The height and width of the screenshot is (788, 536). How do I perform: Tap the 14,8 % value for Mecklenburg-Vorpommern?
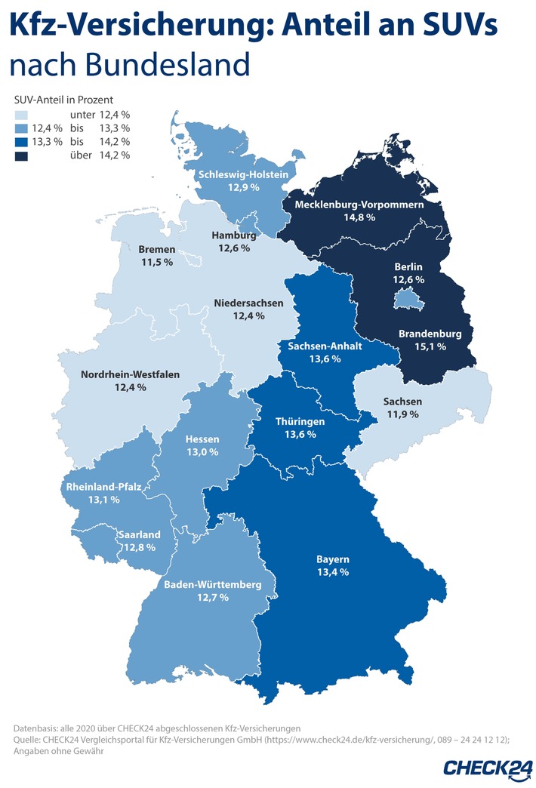358,217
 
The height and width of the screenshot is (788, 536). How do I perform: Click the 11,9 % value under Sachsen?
402,414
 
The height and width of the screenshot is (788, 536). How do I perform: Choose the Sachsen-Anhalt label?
325,346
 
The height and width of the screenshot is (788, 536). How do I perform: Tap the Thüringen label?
300,421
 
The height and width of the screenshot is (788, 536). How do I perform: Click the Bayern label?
333,559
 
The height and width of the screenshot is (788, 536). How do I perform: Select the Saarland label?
140,534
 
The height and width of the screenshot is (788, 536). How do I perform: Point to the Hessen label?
202,439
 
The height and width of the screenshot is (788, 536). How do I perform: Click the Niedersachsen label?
248,303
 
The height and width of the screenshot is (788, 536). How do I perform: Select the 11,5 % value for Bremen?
157,262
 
